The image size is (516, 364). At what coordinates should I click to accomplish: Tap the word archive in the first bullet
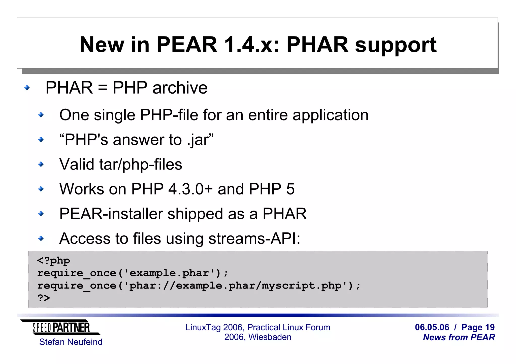180,88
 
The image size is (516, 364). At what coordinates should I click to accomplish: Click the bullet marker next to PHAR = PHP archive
27,88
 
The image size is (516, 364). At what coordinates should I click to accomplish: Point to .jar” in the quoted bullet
200,140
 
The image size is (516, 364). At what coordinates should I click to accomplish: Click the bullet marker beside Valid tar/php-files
41,165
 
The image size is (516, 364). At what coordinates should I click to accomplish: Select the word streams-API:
254,238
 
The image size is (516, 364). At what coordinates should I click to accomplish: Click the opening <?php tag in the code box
53,261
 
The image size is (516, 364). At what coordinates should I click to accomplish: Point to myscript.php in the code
301,286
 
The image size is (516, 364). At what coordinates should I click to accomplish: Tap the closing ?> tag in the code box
44,298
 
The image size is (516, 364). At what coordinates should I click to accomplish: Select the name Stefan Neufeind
71,342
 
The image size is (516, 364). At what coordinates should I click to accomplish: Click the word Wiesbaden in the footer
270,337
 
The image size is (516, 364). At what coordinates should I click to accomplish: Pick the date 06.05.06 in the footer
432,327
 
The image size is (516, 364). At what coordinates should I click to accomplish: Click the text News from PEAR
459,337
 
